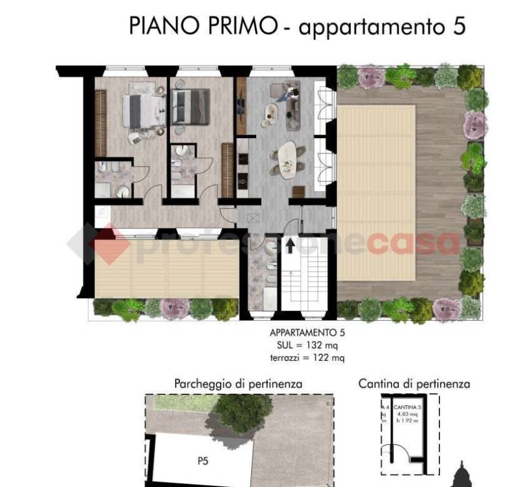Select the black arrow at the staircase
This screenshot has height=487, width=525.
(x=290, y=244)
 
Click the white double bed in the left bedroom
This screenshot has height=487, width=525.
(x=144, y=110)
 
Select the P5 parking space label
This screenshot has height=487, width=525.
(x=202, y=462)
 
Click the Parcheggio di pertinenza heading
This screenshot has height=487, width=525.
(x=238, y=384)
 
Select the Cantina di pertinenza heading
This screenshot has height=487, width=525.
(x=414, y=384)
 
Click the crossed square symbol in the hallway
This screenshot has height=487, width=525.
(x=255, y=218)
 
